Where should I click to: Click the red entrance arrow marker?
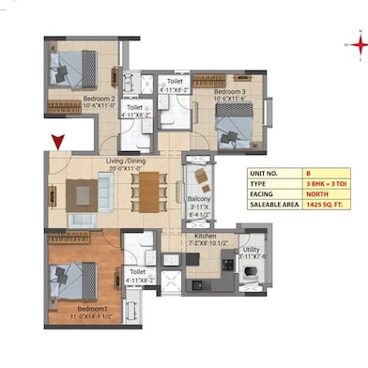[58, 143]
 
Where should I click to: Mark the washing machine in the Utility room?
[251, 272]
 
